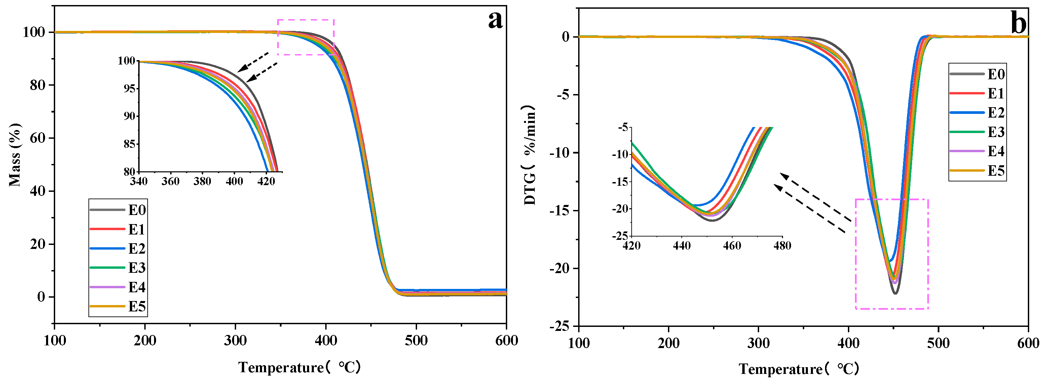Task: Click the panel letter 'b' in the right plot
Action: [x=1018, y=23]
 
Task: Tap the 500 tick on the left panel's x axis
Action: [x=416, y=340]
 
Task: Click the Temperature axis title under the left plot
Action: [x=300, y=367]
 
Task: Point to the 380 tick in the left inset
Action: [x=202, y=181]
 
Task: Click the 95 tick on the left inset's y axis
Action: [x=129, y=88]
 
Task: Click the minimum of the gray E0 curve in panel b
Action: [x=895, y=293]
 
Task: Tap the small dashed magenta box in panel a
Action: [x=306, y=37]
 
